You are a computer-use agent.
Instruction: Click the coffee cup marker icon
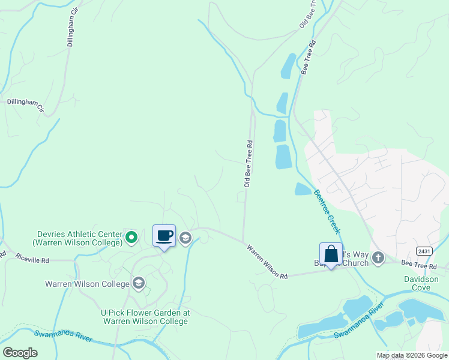pos(164,236)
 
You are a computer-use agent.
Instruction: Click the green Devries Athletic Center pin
pos(131,238)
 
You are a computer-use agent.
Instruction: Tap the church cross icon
pos(378,258)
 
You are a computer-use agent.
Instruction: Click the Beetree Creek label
pos(327,212)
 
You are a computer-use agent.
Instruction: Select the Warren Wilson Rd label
pos(267,260)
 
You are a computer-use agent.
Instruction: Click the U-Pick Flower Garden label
pos(145,317)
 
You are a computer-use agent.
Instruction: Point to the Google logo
pos(20,352)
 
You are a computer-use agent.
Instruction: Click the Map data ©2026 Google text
pos(411,355)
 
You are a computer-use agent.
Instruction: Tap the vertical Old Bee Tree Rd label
pos(247,164)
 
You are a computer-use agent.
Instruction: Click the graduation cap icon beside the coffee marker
pos(185,238)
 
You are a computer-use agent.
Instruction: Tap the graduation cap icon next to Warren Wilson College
pos(139,283)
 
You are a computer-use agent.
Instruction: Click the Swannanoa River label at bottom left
pos(63,337)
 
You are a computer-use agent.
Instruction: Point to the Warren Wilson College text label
pos(87,284)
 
